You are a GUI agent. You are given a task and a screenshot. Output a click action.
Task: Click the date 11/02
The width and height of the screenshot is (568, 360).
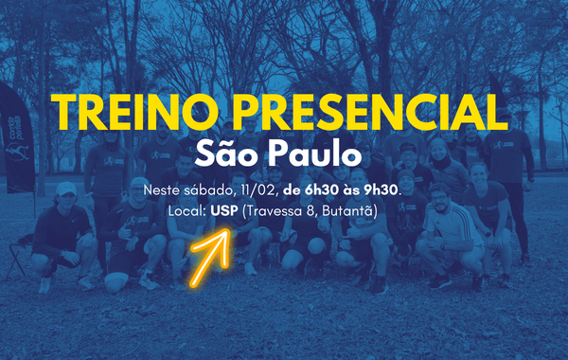(246, 190)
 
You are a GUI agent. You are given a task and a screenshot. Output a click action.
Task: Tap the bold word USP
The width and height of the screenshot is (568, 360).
(223, 210)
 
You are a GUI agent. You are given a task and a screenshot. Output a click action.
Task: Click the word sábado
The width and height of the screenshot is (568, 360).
(200, 190)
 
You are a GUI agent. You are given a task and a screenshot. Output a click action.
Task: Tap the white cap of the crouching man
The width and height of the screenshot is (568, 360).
(65, 189)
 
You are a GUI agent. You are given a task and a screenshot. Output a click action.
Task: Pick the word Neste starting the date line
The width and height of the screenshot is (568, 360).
(160, 190)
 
